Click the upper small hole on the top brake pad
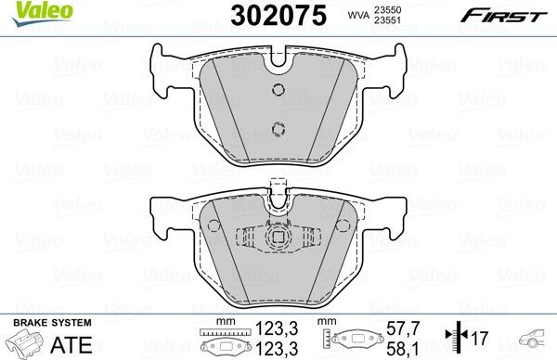277,89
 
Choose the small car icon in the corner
537,340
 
